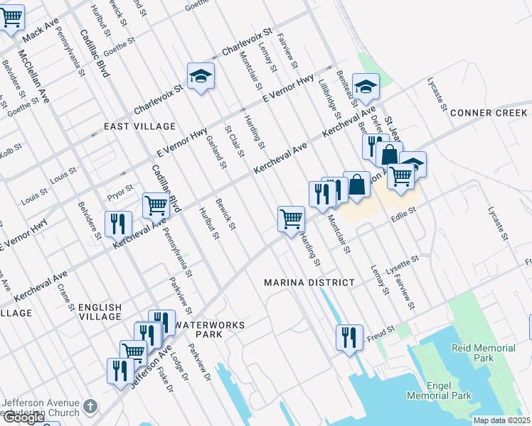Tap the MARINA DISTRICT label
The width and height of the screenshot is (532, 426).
click(x=309, y=283)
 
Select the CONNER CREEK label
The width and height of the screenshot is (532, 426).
click(x=489, y=113)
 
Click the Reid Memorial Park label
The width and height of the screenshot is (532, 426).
click(x=484, y=354)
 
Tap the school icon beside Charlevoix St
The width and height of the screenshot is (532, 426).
click(x=201, y=76)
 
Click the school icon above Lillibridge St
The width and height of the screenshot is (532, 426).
click(x=366, y=87)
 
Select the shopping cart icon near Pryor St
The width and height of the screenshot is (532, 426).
click(x=156, y=205)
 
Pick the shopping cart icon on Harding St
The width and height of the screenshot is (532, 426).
click(x=291, y=219)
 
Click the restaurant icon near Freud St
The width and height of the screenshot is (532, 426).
click(x=349, y=337)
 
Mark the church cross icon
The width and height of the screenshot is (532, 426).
click(x=90, y=407)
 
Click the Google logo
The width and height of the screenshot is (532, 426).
click(x=23, y=417)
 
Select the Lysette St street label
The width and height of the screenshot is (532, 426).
click(x=403, y=268)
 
